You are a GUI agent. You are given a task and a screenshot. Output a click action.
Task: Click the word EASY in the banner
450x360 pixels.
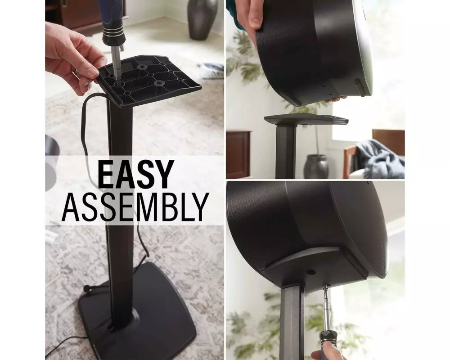pyautogui.click(x=135, y=175)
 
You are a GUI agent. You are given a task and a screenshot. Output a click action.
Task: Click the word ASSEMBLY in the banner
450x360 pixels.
pyautogui.click(x=135, y=207)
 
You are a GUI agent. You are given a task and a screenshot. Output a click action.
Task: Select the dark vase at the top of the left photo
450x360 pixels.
pyautogui.click(x=202, y=19)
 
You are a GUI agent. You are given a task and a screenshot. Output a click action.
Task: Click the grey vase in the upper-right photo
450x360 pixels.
pyautogui.click(x=316, y=166)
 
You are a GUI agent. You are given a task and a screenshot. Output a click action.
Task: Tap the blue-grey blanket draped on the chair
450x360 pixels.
pyautogui.click(x=379, y=157)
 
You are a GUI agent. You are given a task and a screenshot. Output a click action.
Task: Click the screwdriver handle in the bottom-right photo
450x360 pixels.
pyautogui.click(x=327, y=345)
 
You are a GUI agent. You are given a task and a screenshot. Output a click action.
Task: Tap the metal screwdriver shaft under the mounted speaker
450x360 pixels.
pyautogui.click(x=327, y=307)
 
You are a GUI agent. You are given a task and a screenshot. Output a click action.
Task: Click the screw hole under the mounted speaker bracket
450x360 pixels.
pyautogui.click(x=310, y=272)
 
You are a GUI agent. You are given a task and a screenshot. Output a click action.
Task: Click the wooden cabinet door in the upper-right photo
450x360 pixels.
pyautogui.click(x=238, y=154)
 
